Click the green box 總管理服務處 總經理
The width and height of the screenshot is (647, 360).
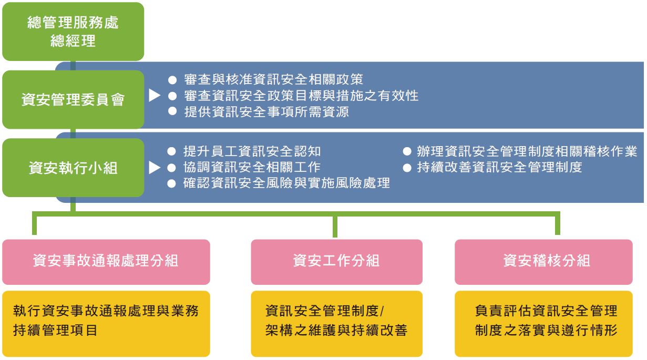click(73, 32)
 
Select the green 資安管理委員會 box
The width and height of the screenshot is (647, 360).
click(73, 99)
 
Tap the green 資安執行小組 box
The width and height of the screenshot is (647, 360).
click(73, 168)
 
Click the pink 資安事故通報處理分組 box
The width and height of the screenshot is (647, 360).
click(106, 262)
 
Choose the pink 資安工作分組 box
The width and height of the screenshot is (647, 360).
click(336, 262)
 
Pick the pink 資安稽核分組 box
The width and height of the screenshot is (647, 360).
click(543, 262)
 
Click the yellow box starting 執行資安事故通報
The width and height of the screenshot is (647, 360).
click(106, 324)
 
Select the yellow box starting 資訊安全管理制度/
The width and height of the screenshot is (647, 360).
click(336, 324)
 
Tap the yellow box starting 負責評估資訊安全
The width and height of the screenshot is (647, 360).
click(543, 324)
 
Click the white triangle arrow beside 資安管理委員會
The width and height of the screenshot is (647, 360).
click(155, 95)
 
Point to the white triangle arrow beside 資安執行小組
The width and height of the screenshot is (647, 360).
click(155, 168)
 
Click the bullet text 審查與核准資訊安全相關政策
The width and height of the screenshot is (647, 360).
click(273, 79)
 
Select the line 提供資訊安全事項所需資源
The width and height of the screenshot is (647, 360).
click(266, 112)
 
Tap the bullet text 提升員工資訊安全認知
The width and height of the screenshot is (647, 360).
click(252, 151)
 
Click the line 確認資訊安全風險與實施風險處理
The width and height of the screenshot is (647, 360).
click(286, 183)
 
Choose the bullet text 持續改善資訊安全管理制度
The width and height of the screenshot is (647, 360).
click(499, 167)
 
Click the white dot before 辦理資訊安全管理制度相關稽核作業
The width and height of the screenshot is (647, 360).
click(407, 151)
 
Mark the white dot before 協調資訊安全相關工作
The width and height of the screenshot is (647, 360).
click(171, 168)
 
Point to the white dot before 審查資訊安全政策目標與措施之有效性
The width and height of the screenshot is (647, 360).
click(172, 96)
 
